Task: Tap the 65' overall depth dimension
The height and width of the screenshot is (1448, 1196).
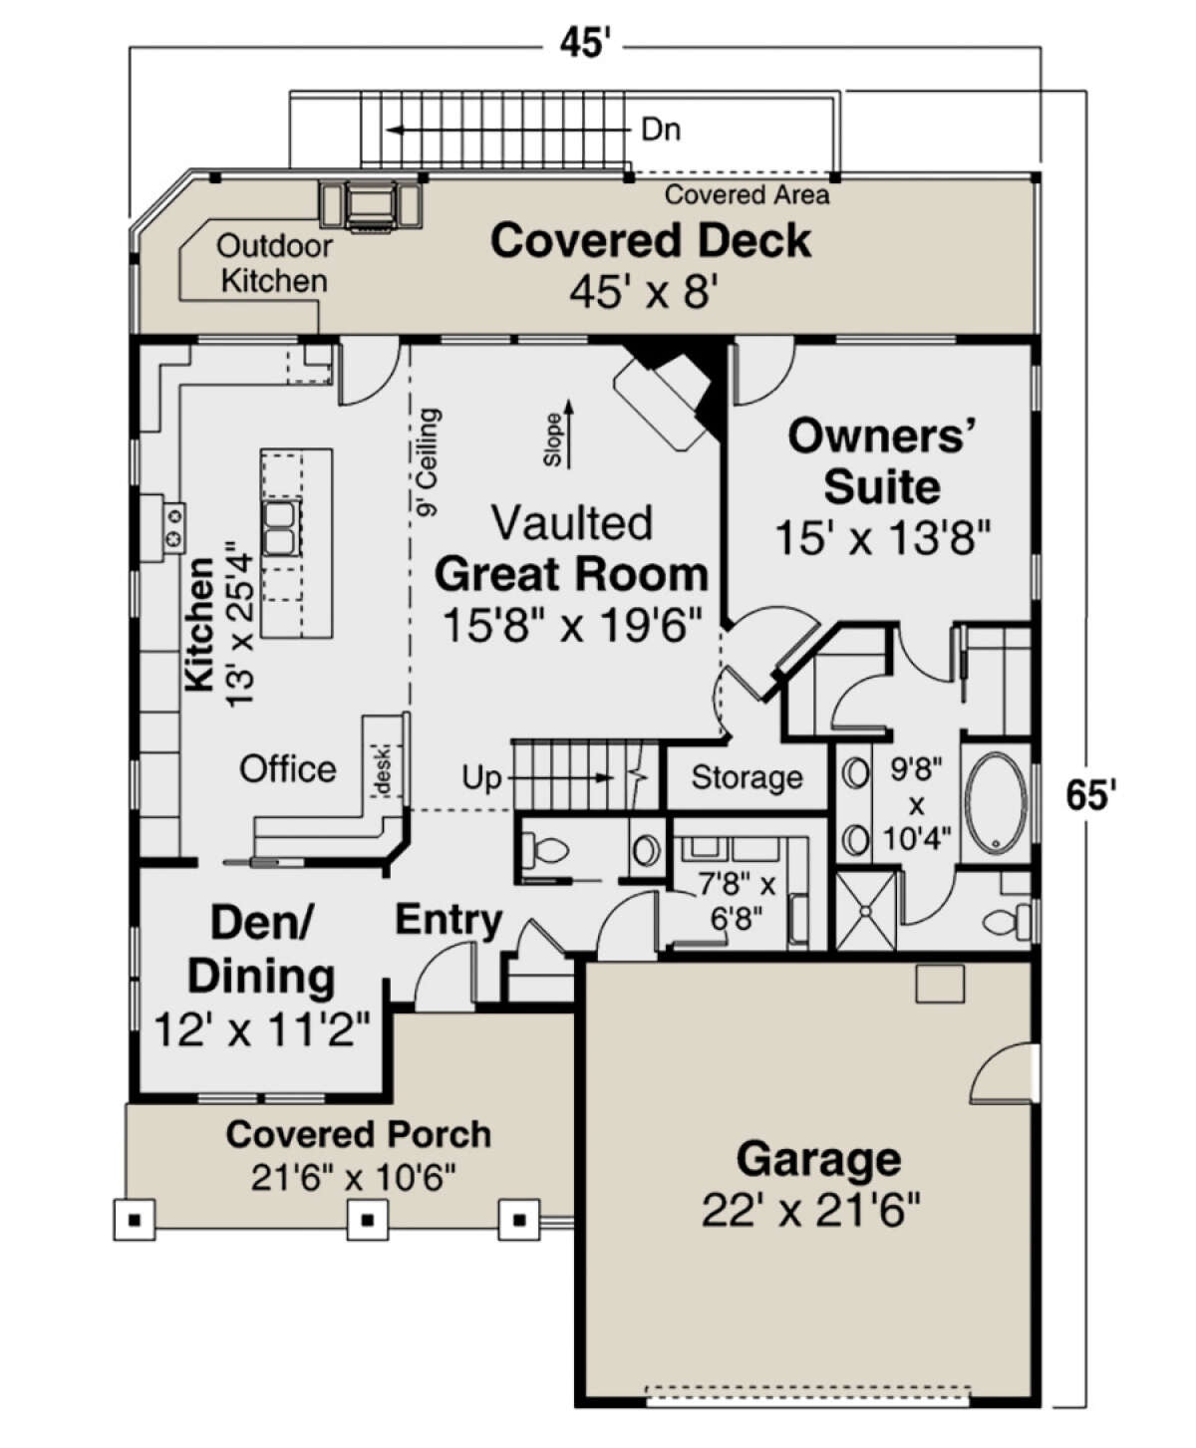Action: [1090, 794]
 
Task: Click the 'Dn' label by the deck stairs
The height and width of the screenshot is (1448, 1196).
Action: [661, 130]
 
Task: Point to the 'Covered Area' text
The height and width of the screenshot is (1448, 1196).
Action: [747, 195]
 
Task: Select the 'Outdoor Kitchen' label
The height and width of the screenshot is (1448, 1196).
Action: [274, 263]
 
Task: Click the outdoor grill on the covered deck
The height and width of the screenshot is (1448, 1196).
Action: [371, 205]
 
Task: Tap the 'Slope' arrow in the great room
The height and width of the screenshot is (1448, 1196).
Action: [569, 434]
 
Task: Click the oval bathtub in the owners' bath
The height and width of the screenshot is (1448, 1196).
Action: [997, 803]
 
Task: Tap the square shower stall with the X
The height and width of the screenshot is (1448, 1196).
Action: [866, 911]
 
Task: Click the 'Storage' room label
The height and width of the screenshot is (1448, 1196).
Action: [747, 777]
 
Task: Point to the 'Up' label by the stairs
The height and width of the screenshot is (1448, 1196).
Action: [481, 778]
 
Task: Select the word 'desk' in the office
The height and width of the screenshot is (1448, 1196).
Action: [383, 771]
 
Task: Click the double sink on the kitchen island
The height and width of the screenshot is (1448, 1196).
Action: [280, 528]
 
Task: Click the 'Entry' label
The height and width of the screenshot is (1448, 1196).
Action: [448, 921]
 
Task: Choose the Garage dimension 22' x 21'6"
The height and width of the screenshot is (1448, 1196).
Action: [810, 1210]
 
